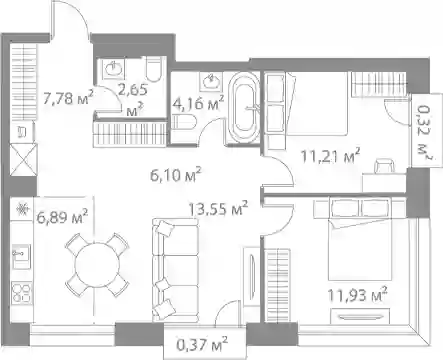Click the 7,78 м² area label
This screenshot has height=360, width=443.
pyautogui.click(x=68, y=98)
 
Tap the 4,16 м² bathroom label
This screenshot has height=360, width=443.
pyautogui.click(x=198, y=103)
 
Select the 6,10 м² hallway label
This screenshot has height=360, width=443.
pyautogui.click(x=176, y=175)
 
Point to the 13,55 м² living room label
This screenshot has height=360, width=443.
pyautogui.click(x=218, y=208)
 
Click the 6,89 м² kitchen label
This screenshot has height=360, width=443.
pyautogui.click(x=63, y=217)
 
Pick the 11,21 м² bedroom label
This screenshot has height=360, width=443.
pyautogui.click(x=330, y=155)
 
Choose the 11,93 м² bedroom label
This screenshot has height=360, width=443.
pyautogui.click(x=357, y=294)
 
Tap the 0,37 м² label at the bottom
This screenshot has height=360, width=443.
pyautogui.click(x=202, y=344)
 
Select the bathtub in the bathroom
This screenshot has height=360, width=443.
pyautogui.click(x=245, y=108)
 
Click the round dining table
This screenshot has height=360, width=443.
pyautogui.click(x=97, y=265)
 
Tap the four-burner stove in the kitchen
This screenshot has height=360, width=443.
pyautogui.click(x=22, y=293)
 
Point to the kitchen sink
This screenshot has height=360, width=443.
pyautogui.click(x=21, y=256)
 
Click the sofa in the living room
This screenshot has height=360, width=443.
pyautogui.click(x=175, y=270)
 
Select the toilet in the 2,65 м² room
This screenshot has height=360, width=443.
pyautogui.click(x=154, y=69)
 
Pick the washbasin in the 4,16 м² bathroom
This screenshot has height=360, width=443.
pyautogui.click(x=210, y=81)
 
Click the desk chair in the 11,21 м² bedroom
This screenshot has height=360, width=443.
pyautogui.click(x=385, y=166)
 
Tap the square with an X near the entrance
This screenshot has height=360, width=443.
pyautogui.click(x=22, y=160)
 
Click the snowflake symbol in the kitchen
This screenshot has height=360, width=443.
pyautogui.click(x=22, y=210)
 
